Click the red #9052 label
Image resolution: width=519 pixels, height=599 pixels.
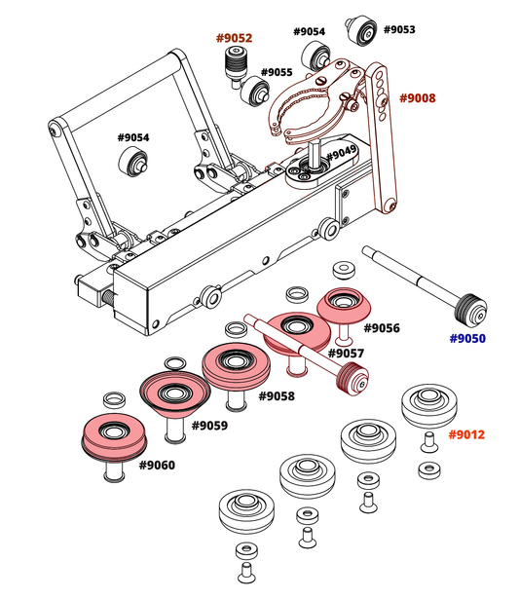pyautogui.click(x=234, y=39)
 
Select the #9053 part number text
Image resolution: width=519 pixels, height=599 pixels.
pyautogui.click(x=399, y=30)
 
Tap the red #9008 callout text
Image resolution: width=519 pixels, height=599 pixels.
pyautogui.click(x=418, y=98)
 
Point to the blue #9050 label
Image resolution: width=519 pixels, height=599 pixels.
pyautogui.click(x=467, y=339)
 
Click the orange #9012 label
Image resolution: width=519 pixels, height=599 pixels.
pyautogui.click(x=467, y=434)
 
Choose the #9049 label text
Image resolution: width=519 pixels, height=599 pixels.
pyautogui.click(x=341, y=155)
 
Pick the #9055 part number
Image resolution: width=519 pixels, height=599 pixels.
pyautogui.click(x=278, y=73)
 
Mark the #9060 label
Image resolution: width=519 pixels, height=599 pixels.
pyautogui.click(x=157, y=466)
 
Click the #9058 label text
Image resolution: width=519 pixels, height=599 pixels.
pyautogui.click(x=277, y=396)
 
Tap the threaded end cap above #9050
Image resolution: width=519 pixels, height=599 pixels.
pyautogui.click(x=473, y=314)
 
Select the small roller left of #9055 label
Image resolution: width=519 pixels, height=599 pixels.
pyautogui.click(x=258, y=93)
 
